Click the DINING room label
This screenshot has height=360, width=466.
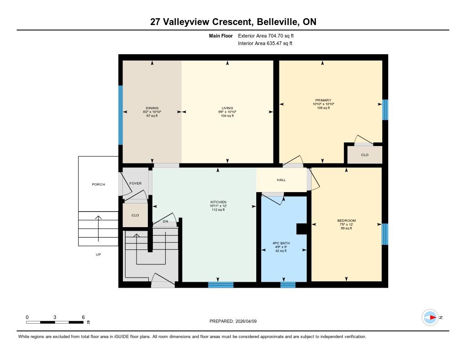click(152, 108)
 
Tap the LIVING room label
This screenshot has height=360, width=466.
click(228, 108)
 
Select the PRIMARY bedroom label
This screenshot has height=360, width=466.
click(324, 100)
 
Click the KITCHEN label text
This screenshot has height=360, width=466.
click(218, 202)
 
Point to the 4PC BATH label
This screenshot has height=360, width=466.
click(281, 243)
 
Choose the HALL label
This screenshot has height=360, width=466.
click(281, 180)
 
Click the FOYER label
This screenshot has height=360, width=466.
click(136, 183)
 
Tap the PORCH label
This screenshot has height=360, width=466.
click(98, 184)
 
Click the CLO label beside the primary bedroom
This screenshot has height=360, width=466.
click(365, 155)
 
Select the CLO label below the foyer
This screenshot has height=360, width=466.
click(135, 215)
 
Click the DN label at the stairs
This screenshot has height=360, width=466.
click(166, 222)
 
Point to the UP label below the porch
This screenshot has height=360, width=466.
click(98, 254)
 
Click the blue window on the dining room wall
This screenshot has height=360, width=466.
click(120, 115)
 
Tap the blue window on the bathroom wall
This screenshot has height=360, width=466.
click(288, 285)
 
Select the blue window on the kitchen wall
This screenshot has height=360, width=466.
click(221, 285)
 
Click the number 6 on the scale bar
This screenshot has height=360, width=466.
click(83, 317)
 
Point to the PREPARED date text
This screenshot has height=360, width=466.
click(233, 321)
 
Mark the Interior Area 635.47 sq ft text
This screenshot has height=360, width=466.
click(265, 43)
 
